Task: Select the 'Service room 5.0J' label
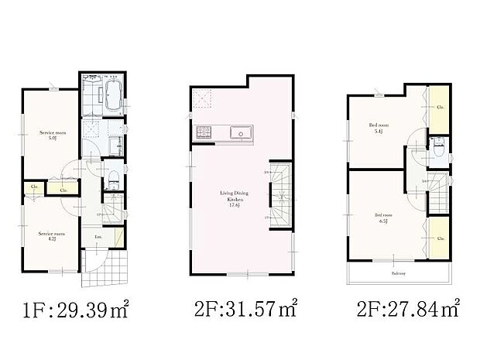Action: click(51, 135)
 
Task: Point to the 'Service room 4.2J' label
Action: click(51, 235)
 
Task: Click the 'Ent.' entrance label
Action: click(99, 236)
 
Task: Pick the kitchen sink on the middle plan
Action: click(241, 134)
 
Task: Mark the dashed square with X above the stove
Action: click(204, 98)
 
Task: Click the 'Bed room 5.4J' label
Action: click(380, 127)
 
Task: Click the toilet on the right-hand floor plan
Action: click(438, 151)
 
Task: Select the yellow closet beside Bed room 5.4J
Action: click(439, 108)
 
